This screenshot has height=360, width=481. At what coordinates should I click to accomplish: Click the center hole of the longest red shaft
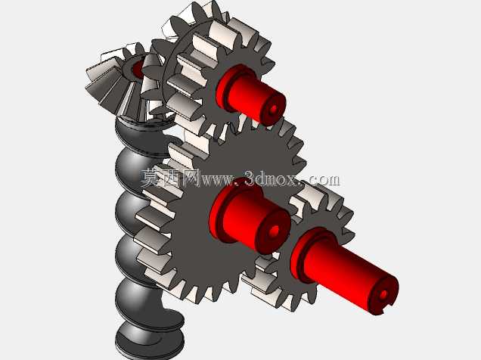(x=383, y=295)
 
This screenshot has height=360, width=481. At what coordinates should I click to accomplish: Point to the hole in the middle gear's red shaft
(x=275, y=231)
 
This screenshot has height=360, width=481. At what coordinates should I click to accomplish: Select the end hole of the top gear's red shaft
(x=273, y=109)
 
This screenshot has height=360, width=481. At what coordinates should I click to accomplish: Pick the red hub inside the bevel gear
(x=138, y=69)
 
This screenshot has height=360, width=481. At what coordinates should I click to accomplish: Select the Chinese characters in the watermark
(x=171, y=178)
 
